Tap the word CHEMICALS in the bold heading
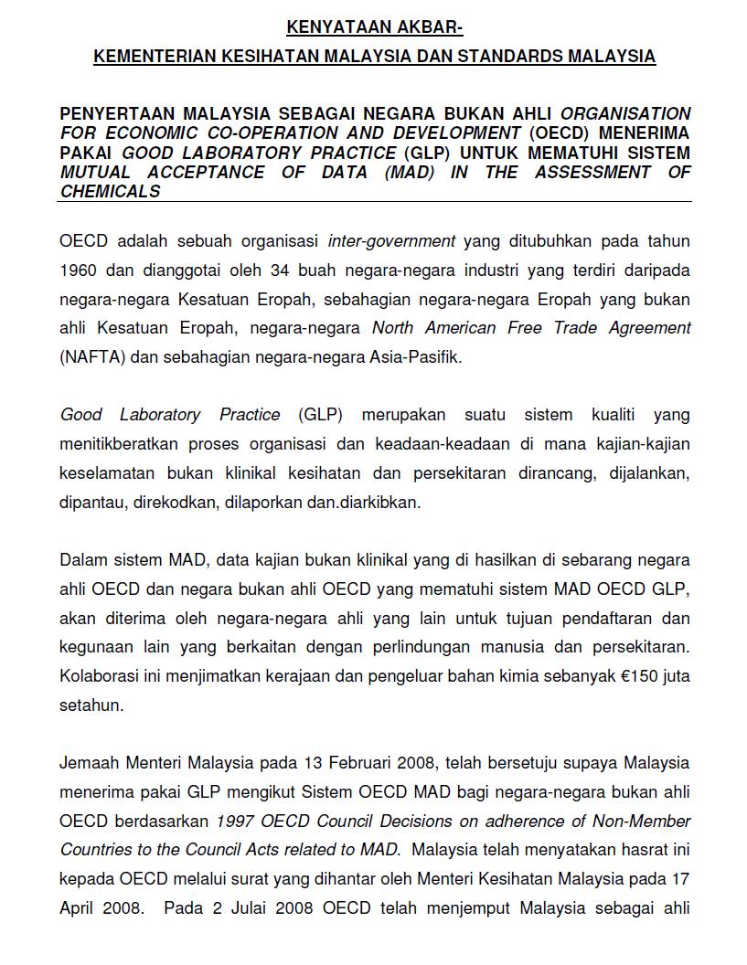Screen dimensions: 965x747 click(x=111, y=192)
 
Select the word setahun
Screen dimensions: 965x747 click(x=89, y=705)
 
